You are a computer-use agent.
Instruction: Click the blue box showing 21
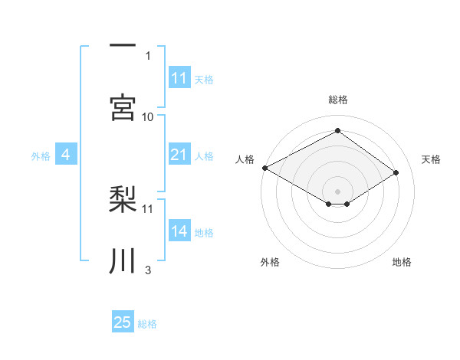[179, 155]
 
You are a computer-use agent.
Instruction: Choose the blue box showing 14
[179, 231]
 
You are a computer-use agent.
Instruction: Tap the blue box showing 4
[66, 155]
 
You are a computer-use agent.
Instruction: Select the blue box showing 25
[123, 322]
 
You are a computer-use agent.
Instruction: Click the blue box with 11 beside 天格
[179, 78]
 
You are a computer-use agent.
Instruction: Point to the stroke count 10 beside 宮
[148, 116]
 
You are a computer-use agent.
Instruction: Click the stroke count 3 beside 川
[148, 270]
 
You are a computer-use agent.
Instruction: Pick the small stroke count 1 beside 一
[148, 55]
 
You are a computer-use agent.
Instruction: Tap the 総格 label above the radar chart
[337, 100]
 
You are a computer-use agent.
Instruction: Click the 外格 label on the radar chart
[270, 262]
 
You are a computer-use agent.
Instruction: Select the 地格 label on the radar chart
[402, 262]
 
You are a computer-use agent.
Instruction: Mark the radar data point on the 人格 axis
[264, 168]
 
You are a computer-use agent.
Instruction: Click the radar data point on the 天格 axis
[396, 172]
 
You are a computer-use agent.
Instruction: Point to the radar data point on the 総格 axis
[337, 131]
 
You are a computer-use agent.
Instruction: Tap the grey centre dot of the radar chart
[337, 191]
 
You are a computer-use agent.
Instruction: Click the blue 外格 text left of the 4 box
[41, 156]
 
